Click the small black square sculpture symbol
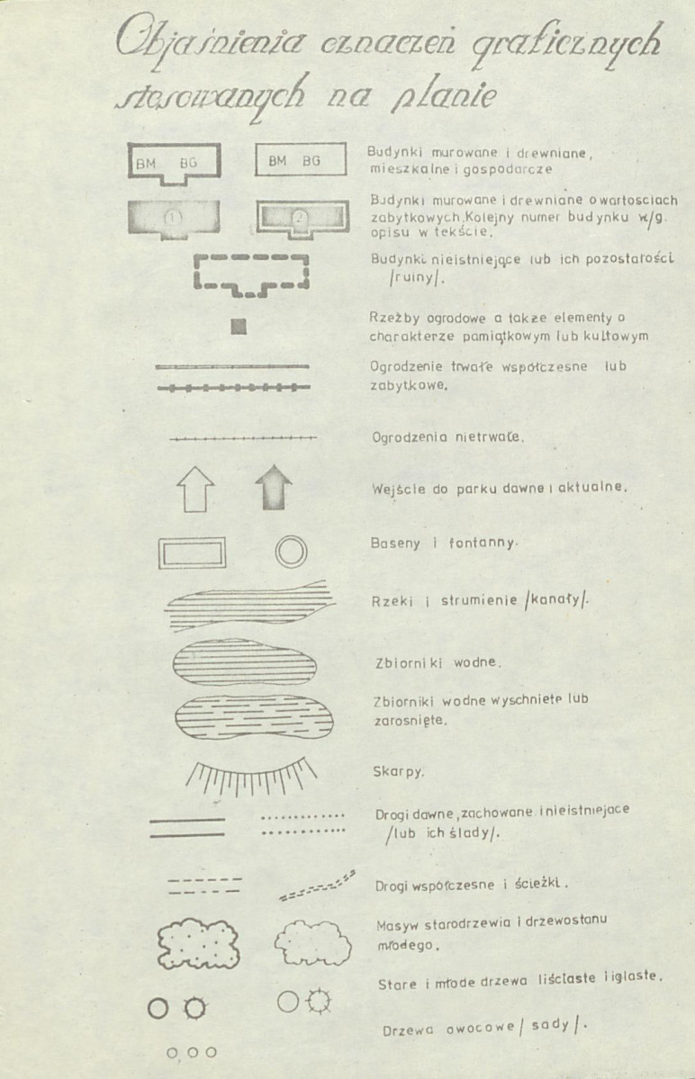(x=239, y=327)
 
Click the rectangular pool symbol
(x=192, y=552)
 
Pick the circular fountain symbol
(x=291, y=551)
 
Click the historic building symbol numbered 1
(x=174, y=219)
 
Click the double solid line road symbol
(x=186, y=827)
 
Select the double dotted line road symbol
(x=302, y=825)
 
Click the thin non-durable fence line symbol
(x=243, y=438)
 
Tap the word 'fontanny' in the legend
(x=488, y=544)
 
